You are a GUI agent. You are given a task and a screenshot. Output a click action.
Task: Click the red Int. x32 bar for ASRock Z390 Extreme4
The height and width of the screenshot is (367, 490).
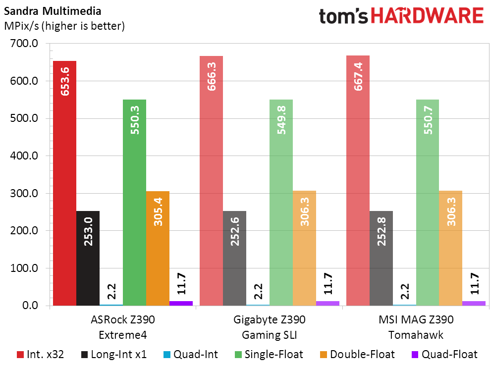click(65, 183)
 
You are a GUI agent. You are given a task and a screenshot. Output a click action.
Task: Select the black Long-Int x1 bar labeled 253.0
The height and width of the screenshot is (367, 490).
click(88, 259)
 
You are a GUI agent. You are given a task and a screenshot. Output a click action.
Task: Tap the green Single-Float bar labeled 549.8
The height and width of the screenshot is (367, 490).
click(281, 203)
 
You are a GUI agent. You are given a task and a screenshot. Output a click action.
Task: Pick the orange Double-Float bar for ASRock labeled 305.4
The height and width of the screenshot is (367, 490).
click(158, 248)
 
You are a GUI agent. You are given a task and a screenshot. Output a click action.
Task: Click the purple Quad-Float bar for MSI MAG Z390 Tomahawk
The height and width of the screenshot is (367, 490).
click(474, 303)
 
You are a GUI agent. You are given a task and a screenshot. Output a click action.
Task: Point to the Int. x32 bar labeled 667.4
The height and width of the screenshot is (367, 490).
click(358, 181)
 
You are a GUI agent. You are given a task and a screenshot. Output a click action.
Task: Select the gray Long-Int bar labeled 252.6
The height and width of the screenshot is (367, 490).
click(235, 259)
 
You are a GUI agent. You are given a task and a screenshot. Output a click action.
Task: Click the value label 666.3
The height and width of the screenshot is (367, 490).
click(212, 77)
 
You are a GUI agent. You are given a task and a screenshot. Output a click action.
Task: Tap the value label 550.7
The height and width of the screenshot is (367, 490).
click(428, 120)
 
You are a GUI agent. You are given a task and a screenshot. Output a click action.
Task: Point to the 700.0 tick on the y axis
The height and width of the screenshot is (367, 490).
click(24, 44)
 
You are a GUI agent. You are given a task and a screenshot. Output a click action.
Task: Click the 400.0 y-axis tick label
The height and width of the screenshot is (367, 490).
click(24, 156)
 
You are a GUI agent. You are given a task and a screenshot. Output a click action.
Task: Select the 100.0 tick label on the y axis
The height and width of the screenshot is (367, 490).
click(24, 268)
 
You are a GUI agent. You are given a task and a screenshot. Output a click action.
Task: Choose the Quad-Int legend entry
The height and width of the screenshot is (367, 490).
click(191, 355)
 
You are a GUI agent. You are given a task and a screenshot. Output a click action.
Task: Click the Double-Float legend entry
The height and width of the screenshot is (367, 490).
click(357, 355)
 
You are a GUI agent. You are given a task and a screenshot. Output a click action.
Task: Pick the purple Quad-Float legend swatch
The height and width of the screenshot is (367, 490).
click(415, 355)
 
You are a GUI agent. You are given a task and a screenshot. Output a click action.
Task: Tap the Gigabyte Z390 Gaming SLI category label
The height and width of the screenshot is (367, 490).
click(270, 327)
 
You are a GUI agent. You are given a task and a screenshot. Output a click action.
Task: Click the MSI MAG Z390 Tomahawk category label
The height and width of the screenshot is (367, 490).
click(416, 327)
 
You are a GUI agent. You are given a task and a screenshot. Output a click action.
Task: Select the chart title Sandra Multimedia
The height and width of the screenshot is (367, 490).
click(53, 11)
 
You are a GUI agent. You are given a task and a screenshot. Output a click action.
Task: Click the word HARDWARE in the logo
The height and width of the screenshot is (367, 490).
click(427, 16)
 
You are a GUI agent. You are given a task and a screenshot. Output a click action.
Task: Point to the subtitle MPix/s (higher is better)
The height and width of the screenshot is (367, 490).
click(64, 26)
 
